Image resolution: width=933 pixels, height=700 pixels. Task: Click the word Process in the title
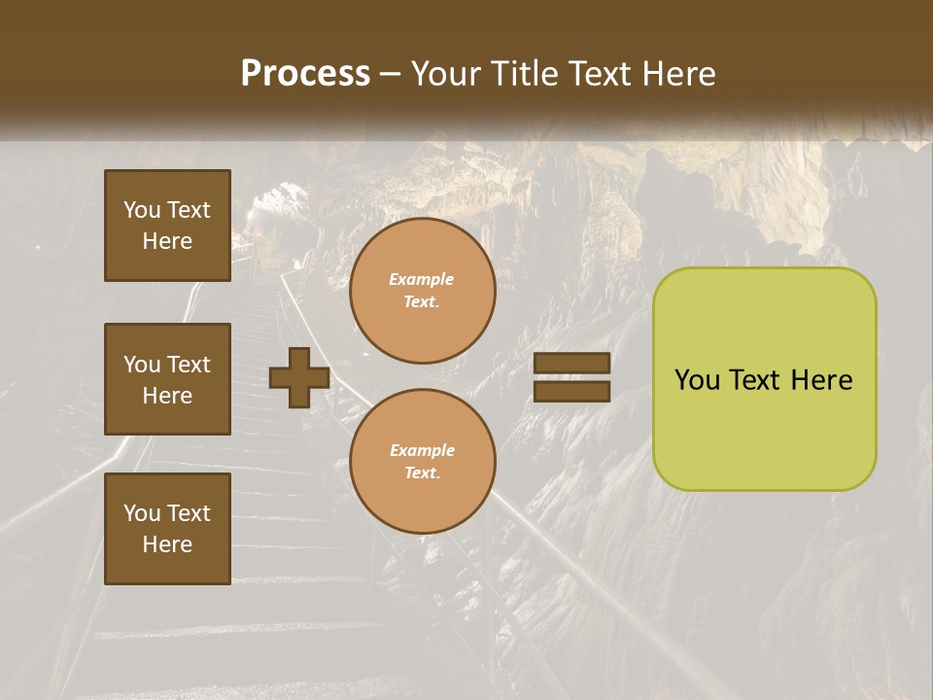pos(305,74)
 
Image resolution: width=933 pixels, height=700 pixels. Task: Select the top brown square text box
pos(167,226)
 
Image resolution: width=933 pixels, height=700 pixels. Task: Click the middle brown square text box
pos(167,379)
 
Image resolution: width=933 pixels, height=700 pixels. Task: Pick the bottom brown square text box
pos(167,529)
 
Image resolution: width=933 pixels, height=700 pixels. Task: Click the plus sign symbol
pos(299,378)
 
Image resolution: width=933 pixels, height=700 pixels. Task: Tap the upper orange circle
pos(422,291)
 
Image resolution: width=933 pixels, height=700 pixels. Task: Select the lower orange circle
pos(422,461)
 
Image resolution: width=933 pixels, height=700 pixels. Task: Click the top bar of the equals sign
pos(571,363)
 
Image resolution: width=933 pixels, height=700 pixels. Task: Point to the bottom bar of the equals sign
pos(571,392)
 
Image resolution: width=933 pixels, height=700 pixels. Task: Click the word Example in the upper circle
pos(422,279)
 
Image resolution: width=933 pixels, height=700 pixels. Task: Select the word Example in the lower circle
pos(422,450)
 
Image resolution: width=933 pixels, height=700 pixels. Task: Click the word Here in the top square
pos(167,242)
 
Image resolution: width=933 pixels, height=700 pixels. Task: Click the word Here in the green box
pos(821,380)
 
